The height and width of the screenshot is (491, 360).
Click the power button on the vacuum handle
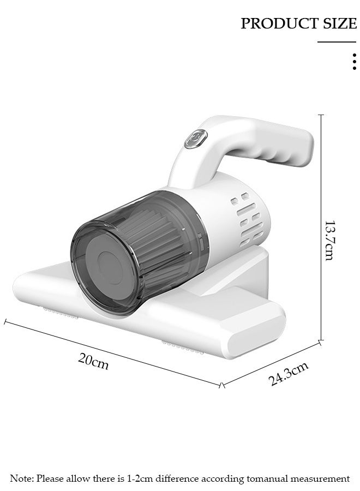click(x=196, y=139)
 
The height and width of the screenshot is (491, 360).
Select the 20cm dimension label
click(x=93, y=361)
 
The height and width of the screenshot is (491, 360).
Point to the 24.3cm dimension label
click(x=289, y=374)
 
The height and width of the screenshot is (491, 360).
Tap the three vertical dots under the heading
click(x=354, y=61)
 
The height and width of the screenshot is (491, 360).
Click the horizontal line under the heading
click(x=337, y=41)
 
